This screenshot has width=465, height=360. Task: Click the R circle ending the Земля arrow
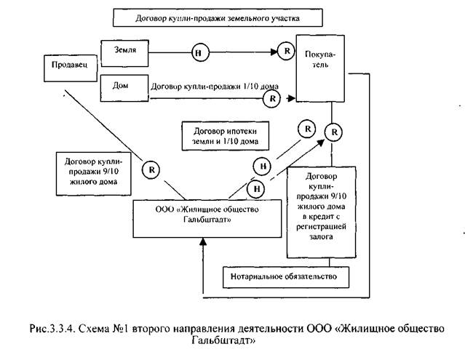(285, 52)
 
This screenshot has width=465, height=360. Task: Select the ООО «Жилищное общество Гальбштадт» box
(207, 216)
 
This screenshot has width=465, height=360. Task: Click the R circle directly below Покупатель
(333, 132)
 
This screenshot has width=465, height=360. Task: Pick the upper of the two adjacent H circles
(263, 166)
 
